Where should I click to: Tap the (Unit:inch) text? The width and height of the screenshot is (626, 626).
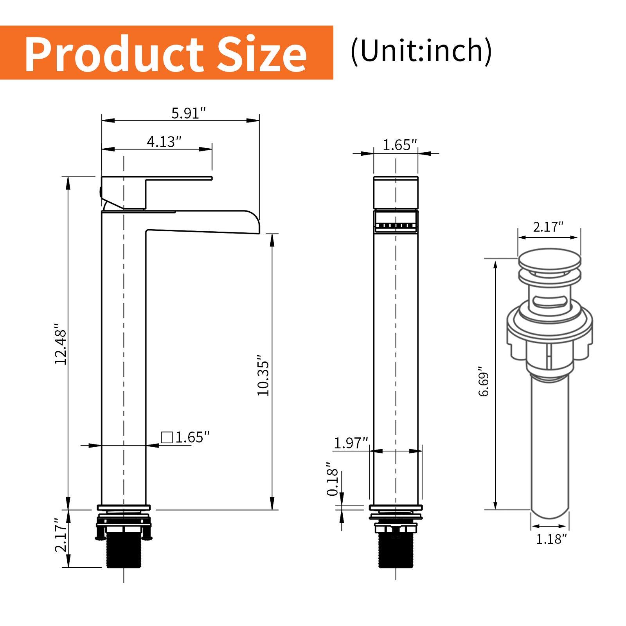[421, 51]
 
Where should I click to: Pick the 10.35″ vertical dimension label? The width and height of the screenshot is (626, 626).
[263, 376]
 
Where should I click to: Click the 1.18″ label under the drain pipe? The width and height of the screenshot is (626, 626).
[551, 539]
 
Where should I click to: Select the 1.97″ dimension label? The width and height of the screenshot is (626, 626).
[351, 443]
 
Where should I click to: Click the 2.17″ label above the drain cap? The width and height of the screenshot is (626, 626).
[548, 227]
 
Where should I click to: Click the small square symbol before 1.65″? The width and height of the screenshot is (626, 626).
[167, 437]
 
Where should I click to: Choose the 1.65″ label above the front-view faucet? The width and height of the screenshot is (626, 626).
[399, 145]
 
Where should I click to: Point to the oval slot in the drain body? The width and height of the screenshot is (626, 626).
[550, 300]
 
